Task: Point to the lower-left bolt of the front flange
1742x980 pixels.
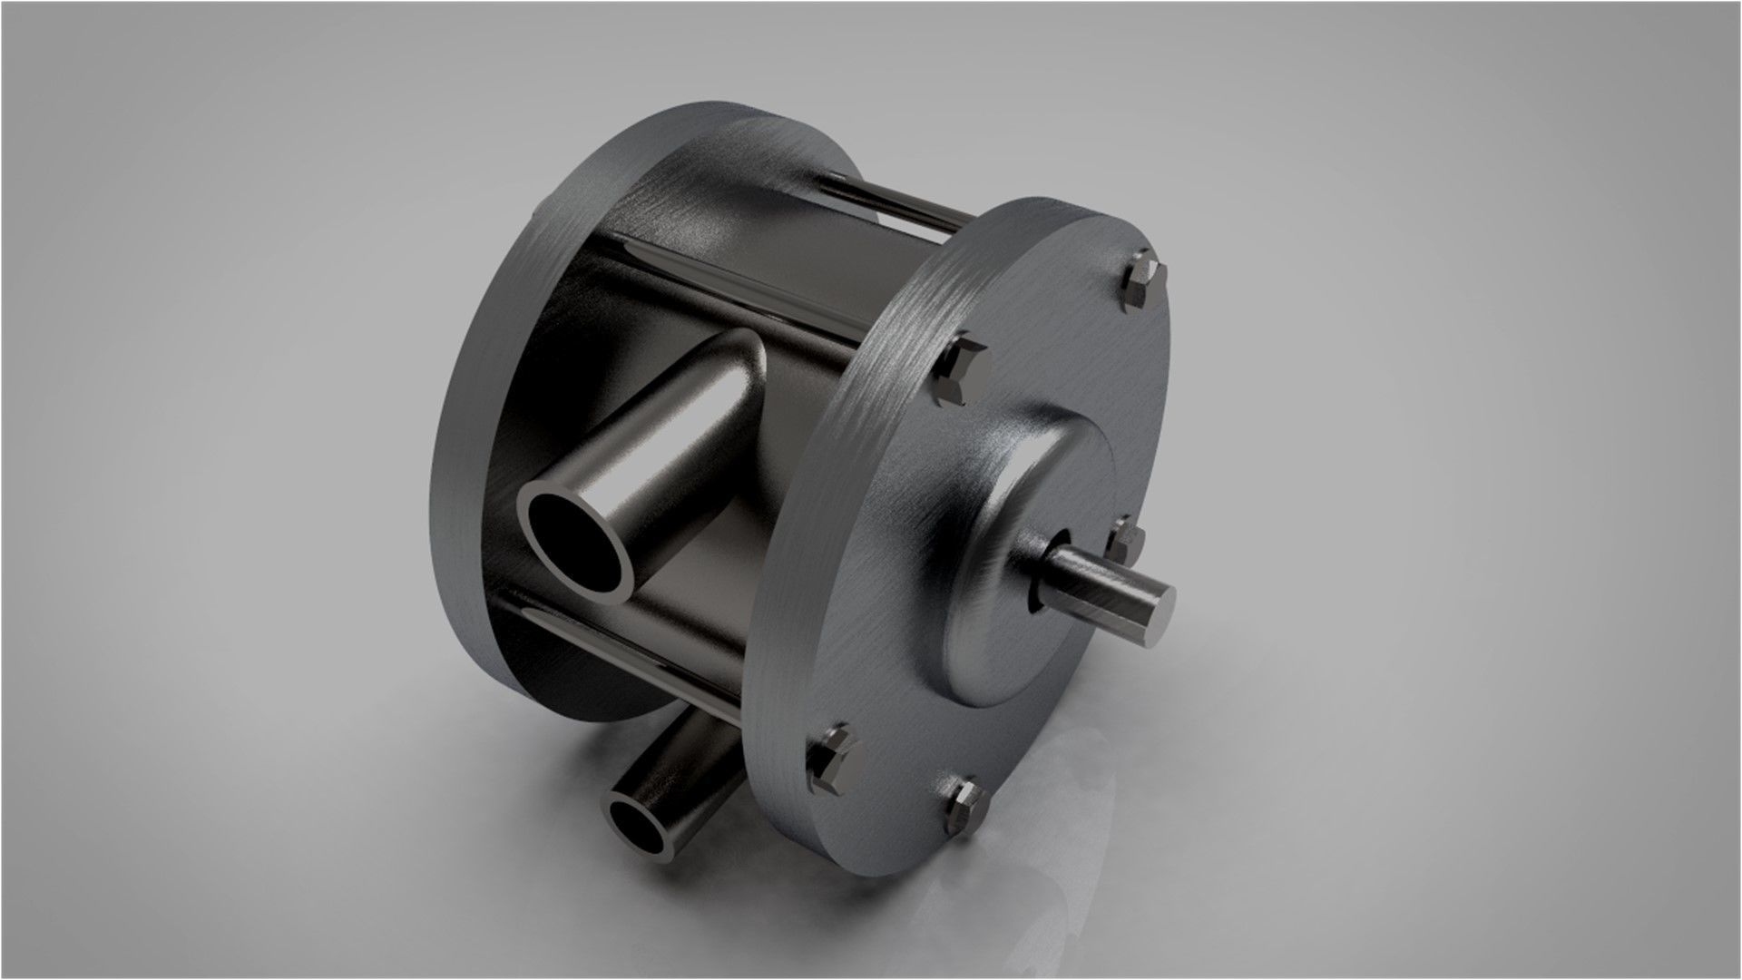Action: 832,754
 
